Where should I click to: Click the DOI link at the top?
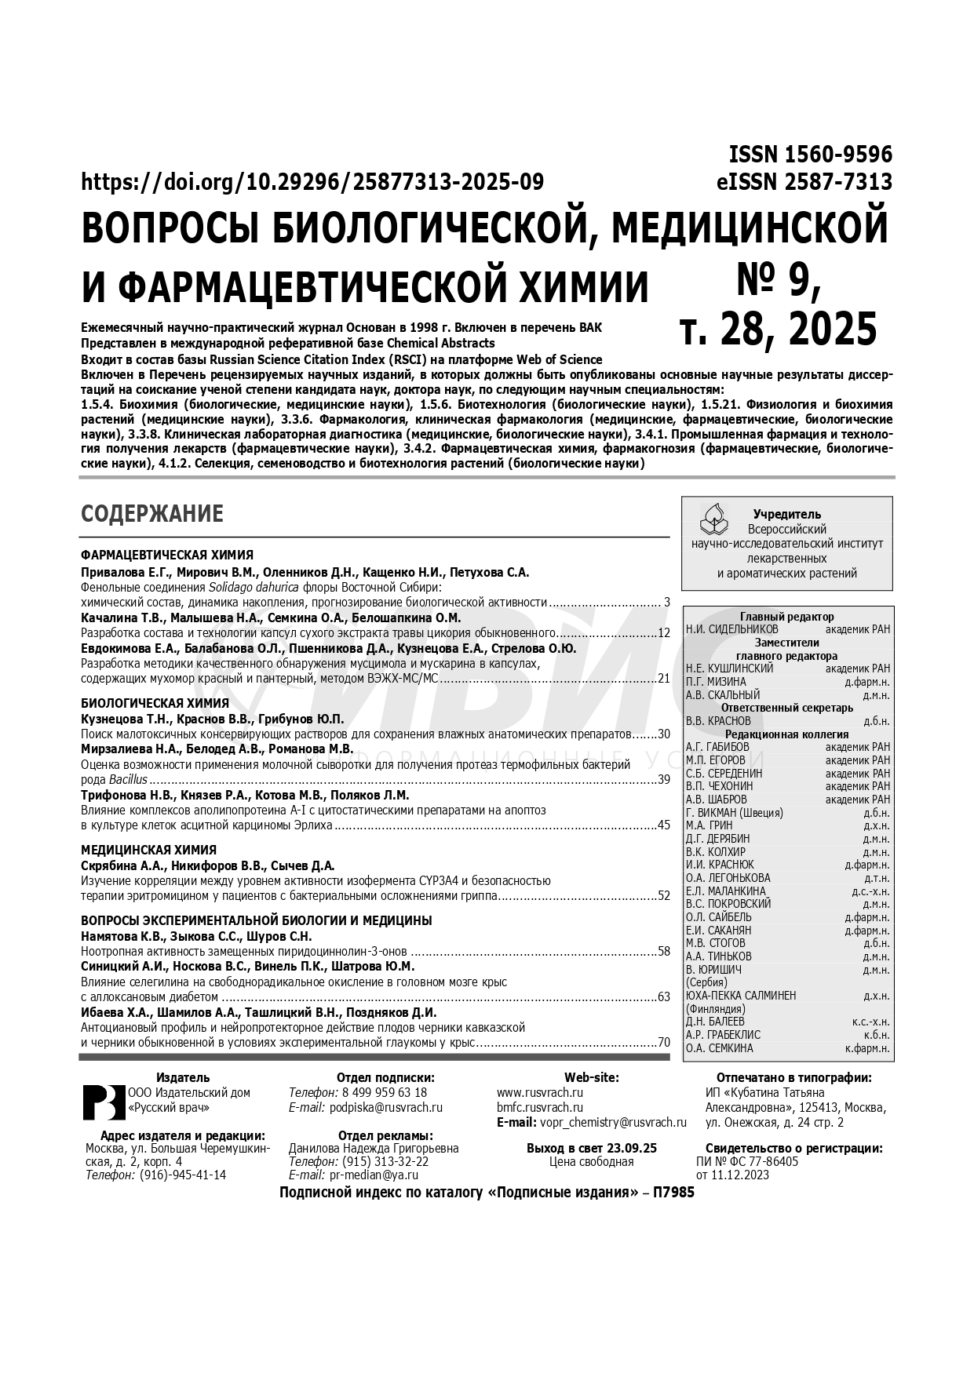pos(312,182)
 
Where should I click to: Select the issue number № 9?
pos(778,280)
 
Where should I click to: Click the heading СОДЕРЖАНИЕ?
pos(152,514)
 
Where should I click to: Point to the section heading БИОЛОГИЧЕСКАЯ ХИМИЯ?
pos(155,703)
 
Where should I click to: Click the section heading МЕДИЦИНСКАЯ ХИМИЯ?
pos(149,850)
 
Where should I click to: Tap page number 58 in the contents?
pos(664,952)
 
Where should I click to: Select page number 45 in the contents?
pos(664,825)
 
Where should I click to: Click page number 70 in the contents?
pos(664,1043)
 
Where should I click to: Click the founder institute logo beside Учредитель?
pos(714,518)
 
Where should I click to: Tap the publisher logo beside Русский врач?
pos(104,1102)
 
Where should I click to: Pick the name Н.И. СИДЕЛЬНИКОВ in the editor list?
pos(732,629)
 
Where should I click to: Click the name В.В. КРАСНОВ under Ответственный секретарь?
pos(718,721)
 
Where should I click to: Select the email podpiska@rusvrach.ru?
pos(386,1108)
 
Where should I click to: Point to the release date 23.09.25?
pos(630,1148)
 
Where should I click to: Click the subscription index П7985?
pos(674,1193)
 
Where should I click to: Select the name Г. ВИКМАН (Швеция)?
pos(735,813)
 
